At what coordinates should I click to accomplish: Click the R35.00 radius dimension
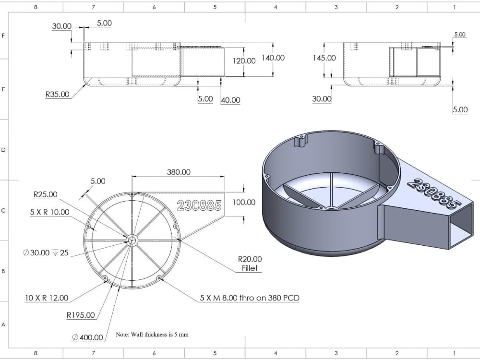(x=57, y=95)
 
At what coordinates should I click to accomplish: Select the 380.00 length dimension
(x=179, y=172)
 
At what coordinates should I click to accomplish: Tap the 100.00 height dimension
(x=244, y=202)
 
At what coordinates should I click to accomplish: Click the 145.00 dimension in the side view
(x=324, y=58)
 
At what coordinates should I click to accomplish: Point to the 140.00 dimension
(x=273, y=58)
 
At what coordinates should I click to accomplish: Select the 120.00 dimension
(x=244, y=61)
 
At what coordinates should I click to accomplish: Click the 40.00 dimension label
(x=230, y=100)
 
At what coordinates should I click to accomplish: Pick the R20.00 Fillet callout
(x=250, y=264)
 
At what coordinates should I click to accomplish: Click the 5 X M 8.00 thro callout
(x=250, y=298)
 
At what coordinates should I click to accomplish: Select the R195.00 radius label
(x=81, y=315)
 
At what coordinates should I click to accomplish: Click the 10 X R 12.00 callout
(x=47, y=298)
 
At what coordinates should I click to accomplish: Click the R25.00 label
(x=45, y=195)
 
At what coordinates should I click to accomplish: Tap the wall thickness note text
(x=152, y=335)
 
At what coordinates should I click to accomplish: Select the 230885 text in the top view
(x=199, y=205)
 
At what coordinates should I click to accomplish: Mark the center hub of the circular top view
(x=132, y=240)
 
